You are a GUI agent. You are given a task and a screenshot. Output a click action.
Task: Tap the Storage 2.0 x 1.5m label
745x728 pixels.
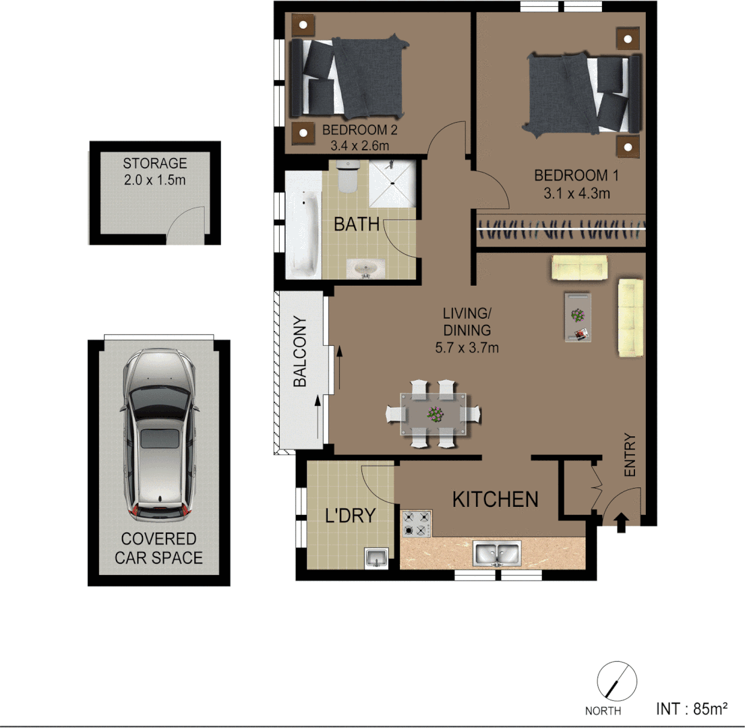point(154,171)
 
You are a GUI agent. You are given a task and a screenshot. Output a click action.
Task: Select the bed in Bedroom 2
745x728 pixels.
point(348,78)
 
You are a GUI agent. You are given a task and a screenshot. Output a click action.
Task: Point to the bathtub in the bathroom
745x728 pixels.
point(303,225)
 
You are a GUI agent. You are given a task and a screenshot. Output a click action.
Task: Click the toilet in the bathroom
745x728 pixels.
point(347,177)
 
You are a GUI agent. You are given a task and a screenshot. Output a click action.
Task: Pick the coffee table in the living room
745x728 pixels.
point(577,317)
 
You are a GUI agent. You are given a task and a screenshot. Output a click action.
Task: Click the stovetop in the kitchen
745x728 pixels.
point(417,524)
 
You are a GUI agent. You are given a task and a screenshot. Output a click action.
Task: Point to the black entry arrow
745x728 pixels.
point(622,522)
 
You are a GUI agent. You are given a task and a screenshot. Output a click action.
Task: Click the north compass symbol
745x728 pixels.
point(617,681)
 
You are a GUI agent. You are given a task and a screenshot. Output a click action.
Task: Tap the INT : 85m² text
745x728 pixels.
point(691,708)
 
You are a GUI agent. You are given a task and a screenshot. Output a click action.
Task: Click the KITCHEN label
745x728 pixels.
point(495,499)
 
